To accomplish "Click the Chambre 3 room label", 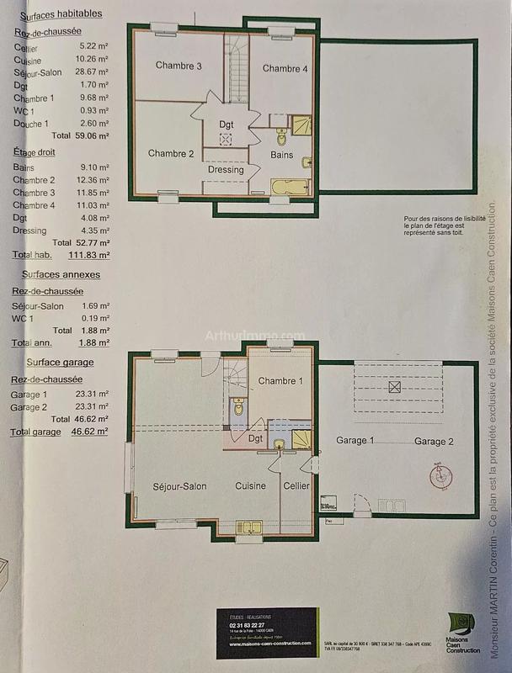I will click(179, 66).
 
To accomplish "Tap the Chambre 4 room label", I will click(285, 68).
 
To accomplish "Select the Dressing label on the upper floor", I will click(225, 169).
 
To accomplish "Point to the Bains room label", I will click(281, 155).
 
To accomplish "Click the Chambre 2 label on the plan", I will click(171, 153).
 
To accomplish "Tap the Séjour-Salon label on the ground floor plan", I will click(179, 486).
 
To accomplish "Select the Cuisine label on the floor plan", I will click(250, 486).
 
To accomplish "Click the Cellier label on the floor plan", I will click(296, 486).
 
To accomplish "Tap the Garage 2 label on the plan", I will click(433, 442).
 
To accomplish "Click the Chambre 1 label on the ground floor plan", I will click(280, 381).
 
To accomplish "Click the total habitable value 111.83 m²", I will click(91, 254).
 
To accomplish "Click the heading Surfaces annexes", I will click(63, 274).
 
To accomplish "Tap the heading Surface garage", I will click(60, 363).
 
